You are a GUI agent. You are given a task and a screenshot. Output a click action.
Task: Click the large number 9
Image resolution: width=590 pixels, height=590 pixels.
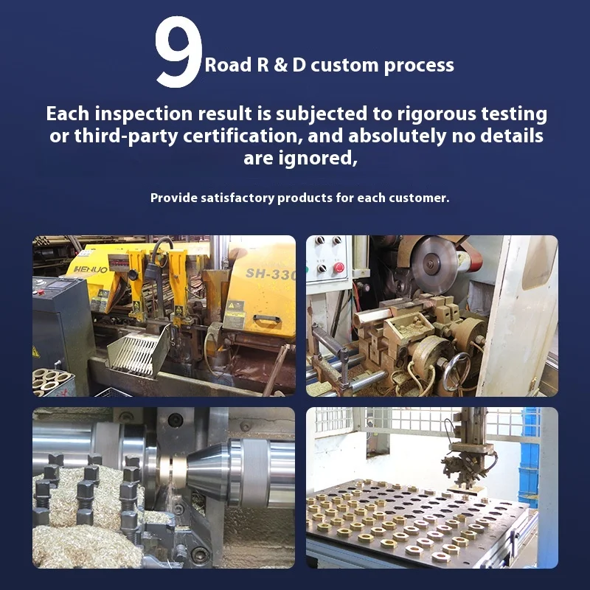click(178, 52)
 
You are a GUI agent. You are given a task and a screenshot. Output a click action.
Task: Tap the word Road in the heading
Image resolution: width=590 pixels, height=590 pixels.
click(228, 65)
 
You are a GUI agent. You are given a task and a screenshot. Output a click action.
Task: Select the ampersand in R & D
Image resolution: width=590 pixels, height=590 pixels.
click(280, 65)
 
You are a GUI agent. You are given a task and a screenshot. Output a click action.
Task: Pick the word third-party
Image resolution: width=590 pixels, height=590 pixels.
click(126, 136)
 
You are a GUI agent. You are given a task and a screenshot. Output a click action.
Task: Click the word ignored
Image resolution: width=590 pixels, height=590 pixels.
click(317, 159)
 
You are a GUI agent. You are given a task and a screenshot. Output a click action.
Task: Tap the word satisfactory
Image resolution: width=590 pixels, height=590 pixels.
click(237, 198)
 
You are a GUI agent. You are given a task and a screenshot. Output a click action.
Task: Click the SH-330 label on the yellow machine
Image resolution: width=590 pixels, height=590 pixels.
click(271, 274)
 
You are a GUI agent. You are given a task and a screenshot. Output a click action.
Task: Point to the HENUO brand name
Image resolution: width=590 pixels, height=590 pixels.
click(91, 269)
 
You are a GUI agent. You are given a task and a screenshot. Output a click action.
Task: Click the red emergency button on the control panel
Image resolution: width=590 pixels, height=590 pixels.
click(339, 268)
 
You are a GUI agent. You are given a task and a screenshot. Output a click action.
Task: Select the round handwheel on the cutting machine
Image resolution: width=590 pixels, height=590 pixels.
click(456, 372)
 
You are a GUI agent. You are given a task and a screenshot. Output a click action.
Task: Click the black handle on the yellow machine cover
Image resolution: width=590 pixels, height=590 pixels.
click(267, 319)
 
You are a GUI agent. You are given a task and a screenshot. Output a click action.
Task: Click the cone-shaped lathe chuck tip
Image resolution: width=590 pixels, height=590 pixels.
click(205, 471)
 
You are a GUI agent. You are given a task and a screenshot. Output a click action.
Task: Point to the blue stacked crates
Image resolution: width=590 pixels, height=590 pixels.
click(530, 458)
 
